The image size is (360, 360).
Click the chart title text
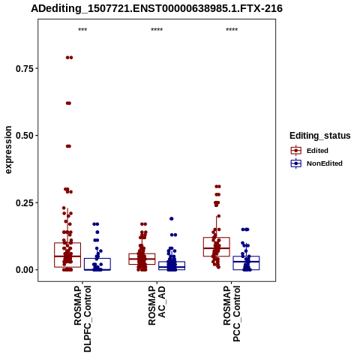coord(157,8)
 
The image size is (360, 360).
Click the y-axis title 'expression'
coord(8,150)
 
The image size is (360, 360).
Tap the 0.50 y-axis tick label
coord(25,136)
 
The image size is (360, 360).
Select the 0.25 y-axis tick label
coord(25,202)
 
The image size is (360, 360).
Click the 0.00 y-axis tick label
coord(25,270)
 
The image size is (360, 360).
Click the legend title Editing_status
coord(320,136)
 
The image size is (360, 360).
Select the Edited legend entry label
coord(317,151)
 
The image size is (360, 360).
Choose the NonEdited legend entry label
coord(325,163)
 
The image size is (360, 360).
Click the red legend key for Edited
coord(296,151)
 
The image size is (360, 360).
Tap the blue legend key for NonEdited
coord(296,163)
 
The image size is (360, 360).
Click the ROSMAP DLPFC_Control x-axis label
coord(82,319)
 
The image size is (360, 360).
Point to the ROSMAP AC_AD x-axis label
coord(157,305)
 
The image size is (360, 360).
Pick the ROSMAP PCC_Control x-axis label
coord(232,313)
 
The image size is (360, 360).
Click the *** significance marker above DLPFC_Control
coord(82,30)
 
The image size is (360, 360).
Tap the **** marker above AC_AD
coord(157,30)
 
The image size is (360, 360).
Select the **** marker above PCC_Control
coord(232,30)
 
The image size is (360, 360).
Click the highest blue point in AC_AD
coord(172,219)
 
